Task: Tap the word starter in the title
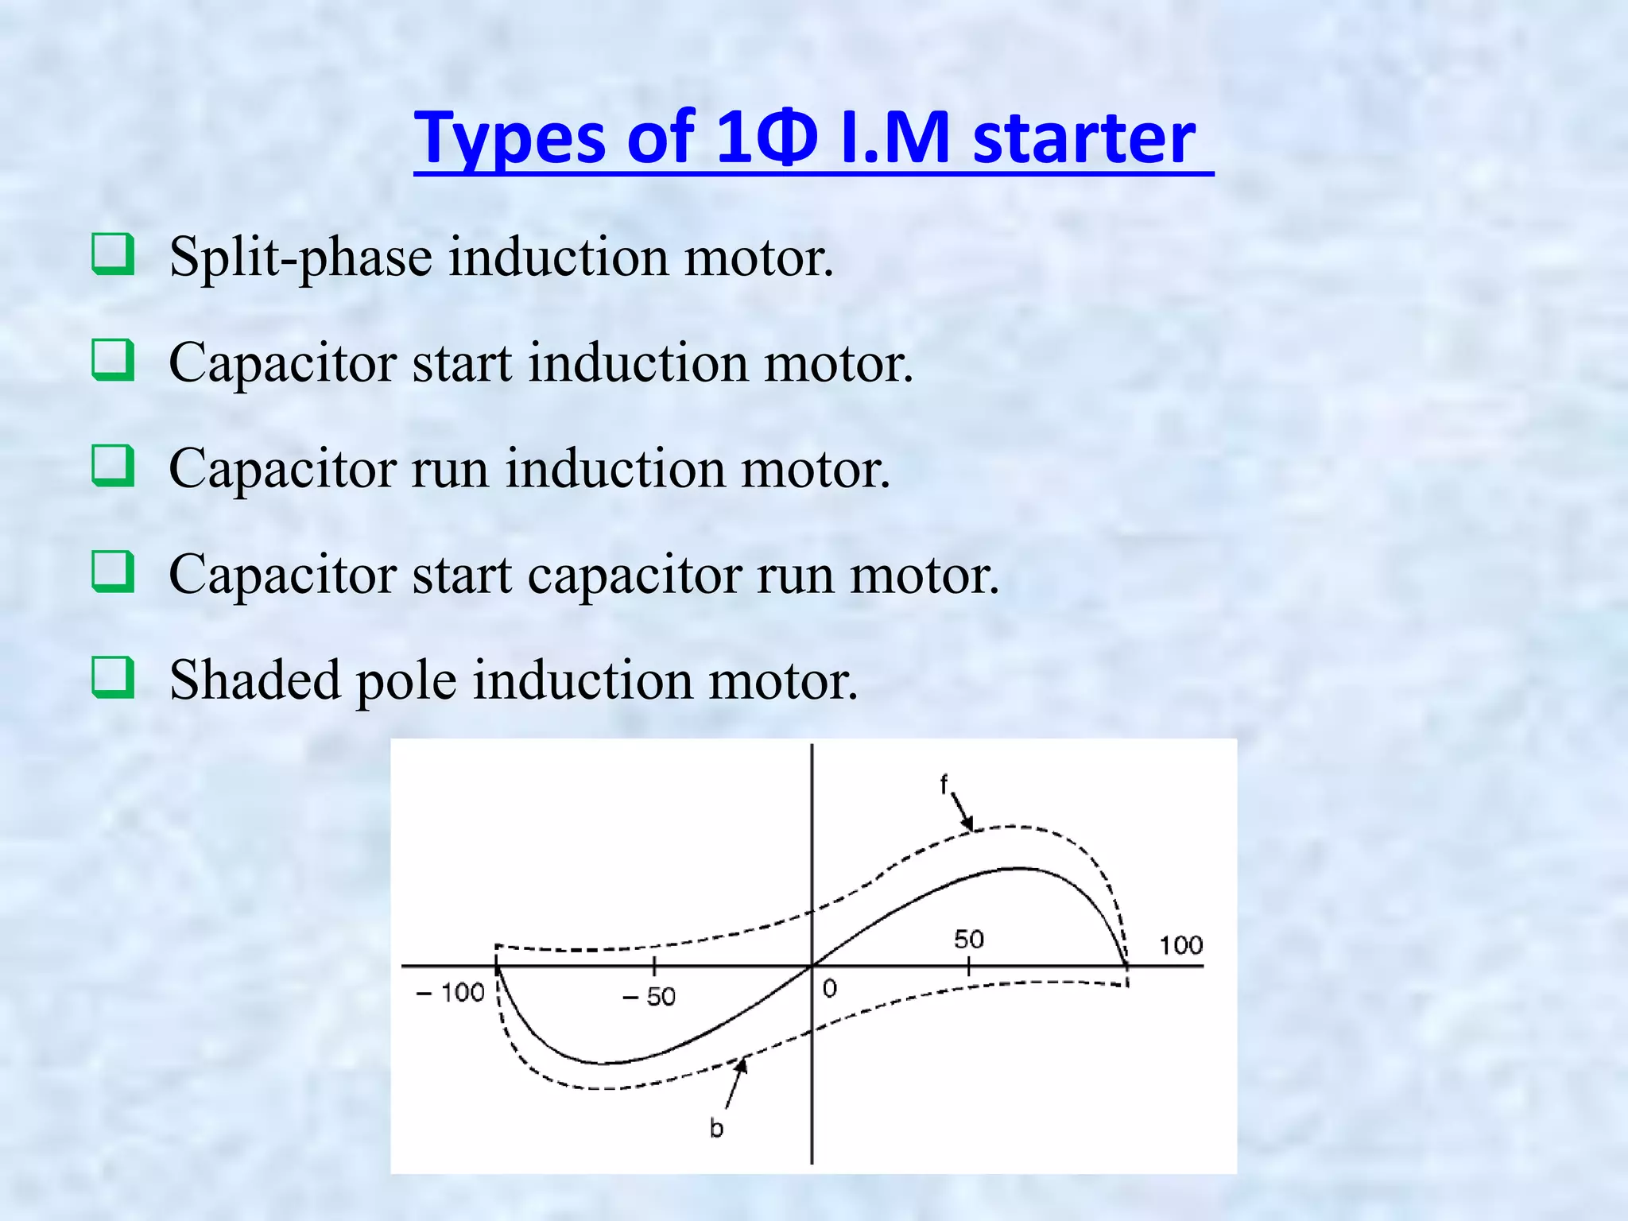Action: pos(1084,138)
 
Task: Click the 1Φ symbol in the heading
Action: pos(766,138)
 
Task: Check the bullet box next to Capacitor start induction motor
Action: pos(112,359)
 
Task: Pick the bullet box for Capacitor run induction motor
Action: pos(112,465)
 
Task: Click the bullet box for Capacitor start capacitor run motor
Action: pos(112,571)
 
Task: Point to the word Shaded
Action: pos(254,680)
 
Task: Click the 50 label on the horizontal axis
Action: pos(969,940)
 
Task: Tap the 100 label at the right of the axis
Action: pos(1180,945)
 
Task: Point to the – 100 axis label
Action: pos(451,993)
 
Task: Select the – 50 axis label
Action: pos(649,996)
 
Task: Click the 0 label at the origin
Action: pos(830,989)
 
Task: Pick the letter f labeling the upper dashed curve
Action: pos(944,785)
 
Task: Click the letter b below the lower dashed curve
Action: pos(716,1128)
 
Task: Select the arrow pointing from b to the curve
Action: pos(735,1083)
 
